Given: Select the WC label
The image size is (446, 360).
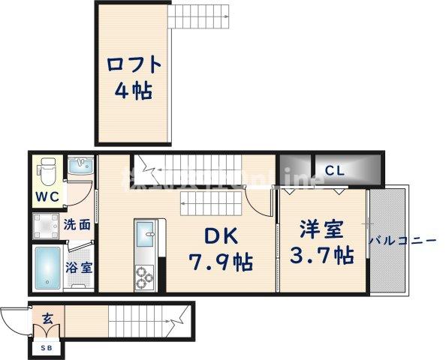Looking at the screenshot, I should pyautogui.click(x=46, y=199).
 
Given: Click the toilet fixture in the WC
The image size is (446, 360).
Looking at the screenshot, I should pyautogui.click(x=49, y=172).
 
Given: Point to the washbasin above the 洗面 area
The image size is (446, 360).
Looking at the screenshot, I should pyautogui.click(x=80, y=166).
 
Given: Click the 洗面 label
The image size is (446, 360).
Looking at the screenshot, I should pyautogui.click(x=77, y=223).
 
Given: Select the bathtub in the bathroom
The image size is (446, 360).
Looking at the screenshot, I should pyautogui.click(x=48, y=267).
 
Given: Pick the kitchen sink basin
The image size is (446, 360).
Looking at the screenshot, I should pyautogui.click(x=144, y=239).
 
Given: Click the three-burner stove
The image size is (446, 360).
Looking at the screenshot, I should pyautogui.click(x=144, y=278).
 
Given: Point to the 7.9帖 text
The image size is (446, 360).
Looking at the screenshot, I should pyautogui.click(x=219, y=262).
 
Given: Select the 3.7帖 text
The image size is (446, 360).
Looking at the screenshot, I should pyautogui.click(x=322, y=256).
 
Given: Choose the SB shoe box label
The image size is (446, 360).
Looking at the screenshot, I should pyautogui.click(x=47, y=346).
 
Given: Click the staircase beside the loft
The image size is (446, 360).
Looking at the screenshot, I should pyautogui.click(x=192, y=14).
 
